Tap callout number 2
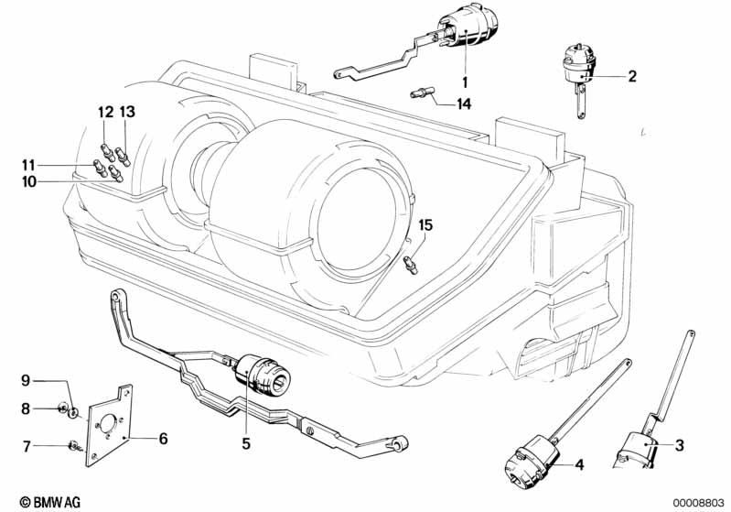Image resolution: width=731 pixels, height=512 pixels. pos(631,76)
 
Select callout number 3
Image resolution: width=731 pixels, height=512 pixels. pos(680,446)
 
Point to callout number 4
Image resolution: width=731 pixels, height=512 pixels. pos(579,464)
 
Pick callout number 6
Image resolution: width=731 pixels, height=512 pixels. pos(163,439)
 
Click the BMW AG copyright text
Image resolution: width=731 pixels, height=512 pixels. pos(36,501)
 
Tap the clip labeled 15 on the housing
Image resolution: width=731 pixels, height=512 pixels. pos(411,264)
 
